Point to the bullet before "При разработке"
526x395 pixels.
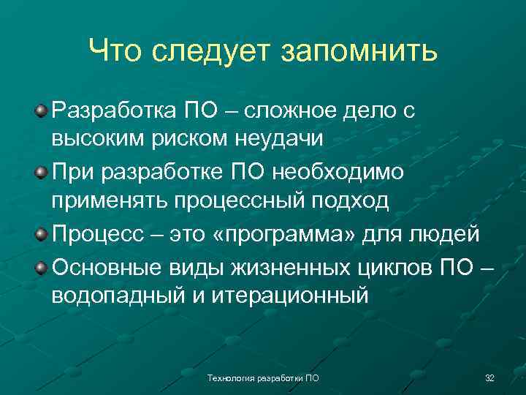42,172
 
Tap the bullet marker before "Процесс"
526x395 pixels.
42,234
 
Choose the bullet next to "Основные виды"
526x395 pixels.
42,265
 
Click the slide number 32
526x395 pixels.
489,378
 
